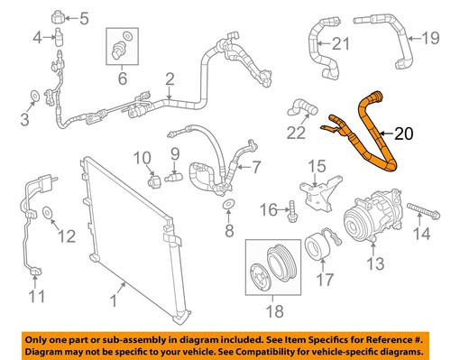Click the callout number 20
pyautogui.click(x=404, y=135)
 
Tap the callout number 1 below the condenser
pyautogui.click(x=113, y=318)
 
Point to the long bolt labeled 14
pyautogui.click(x=419, y=217)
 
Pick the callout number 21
pyautogui.click(x=338, y=43)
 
